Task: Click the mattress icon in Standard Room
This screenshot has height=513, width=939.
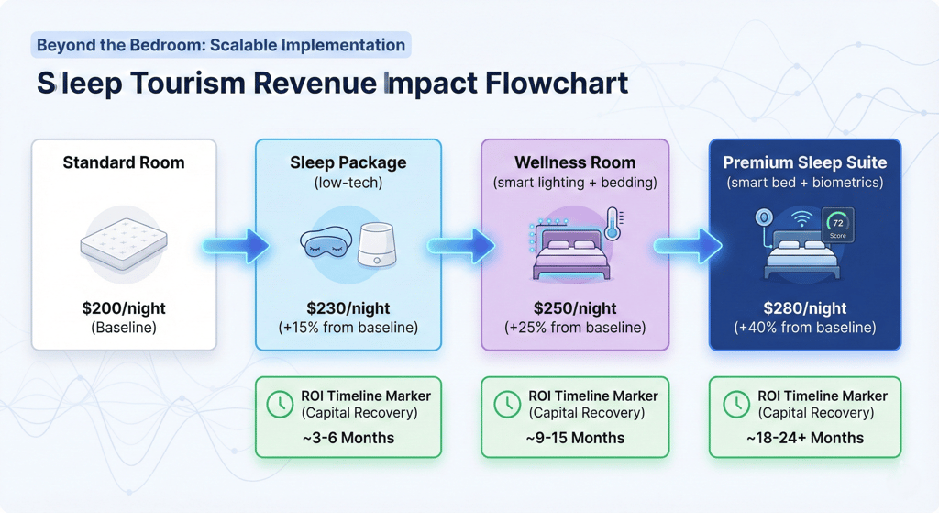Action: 123,242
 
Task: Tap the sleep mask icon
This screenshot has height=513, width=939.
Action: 324,243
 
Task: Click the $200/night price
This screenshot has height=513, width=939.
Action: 123,307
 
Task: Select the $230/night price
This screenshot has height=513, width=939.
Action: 348,307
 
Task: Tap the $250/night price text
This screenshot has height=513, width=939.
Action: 575,307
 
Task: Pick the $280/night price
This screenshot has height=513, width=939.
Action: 804,307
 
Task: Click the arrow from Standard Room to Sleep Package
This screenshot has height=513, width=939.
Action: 236,246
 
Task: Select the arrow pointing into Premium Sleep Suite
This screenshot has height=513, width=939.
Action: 688,246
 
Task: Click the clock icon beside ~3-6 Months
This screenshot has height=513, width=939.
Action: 280,405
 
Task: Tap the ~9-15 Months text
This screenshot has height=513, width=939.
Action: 575,438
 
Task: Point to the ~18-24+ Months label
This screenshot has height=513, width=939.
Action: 804,438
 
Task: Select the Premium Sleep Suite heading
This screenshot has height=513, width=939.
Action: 804,162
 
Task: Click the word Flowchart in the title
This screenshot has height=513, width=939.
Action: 559,83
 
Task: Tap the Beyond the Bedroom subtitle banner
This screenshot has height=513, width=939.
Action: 220,45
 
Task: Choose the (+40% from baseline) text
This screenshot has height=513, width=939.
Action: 804,328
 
